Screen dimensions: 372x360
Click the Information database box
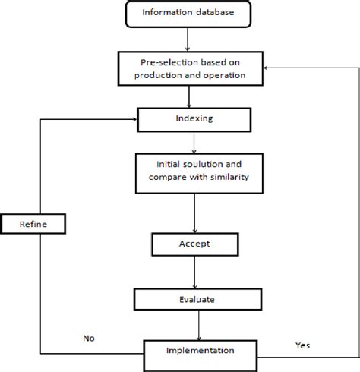click(198, 13)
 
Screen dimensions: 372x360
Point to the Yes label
click(302, 345)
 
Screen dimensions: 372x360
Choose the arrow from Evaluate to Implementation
click(198, 325)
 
